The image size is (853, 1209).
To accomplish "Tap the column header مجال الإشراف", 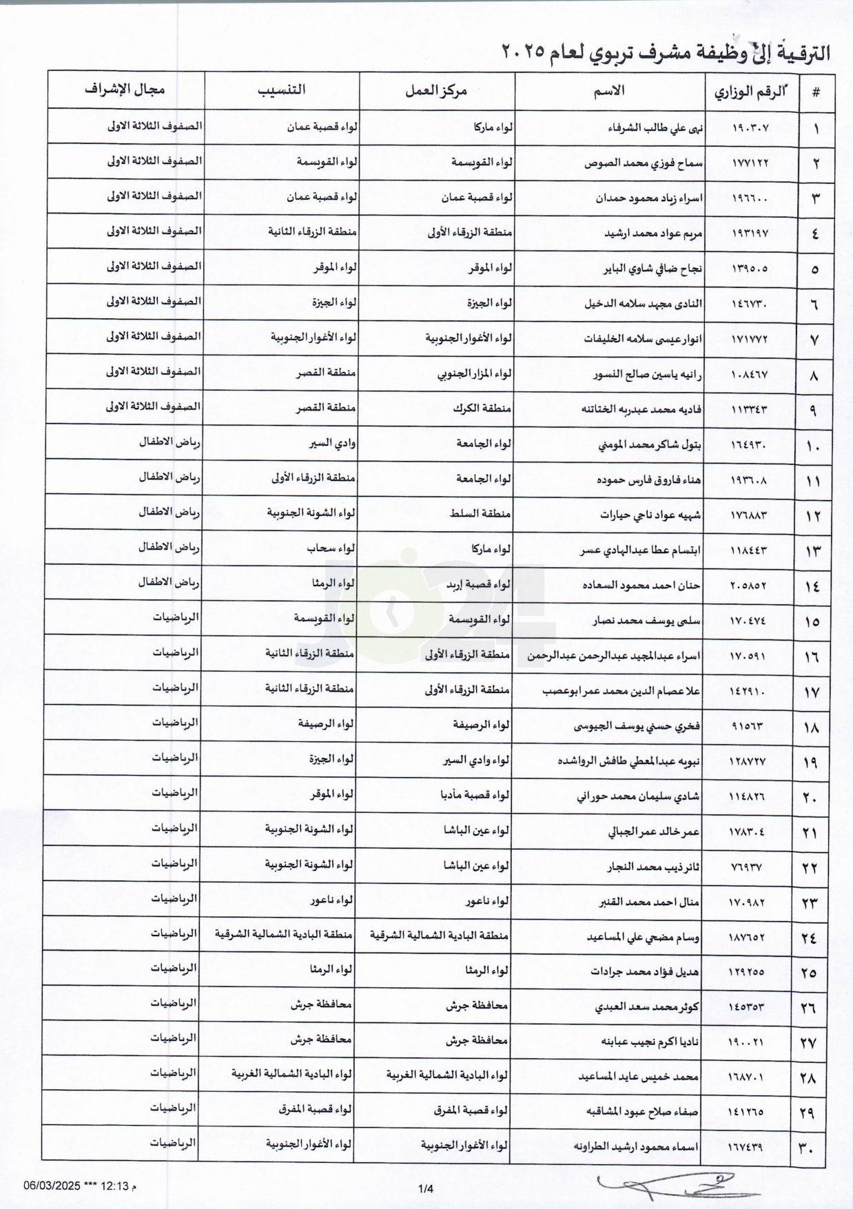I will point(125,90).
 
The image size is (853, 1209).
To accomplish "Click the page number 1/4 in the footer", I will point(426,1188).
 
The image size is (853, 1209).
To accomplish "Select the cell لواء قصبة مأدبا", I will point(475,796).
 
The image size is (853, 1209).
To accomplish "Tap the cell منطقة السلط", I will point(482,515).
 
